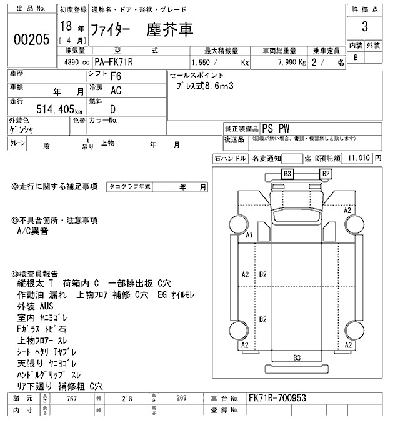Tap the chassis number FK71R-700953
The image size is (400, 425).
277,397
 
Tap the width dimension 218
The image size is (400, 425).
128,397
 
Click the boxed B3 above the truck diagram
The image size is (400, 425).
288,173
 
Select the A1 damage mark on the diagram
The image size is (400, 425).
249,236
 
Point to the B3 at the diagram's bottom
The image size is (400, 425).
297,357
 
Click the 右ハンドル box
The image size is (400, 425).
230,159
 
